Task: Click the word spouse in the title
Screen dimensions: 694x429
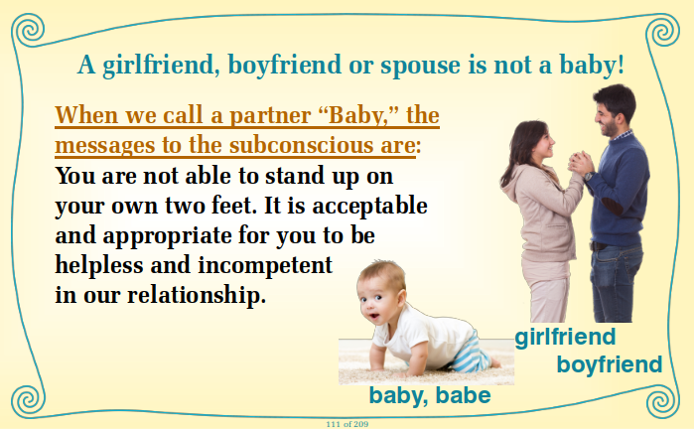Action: [421, 66]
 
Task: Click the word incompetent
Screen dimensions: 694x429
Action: [265, 265]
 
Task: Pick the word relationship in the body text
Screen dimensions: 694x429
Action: [197, 295]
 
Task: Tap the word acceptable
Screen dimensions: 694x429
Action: [369, 206]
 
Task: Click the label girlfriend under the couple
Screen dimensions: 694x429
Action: [565, 338]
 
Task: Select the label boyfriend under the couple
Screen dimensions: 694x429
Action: [609, 364]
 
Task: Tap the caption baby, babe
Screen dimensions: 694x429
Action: [430, 395]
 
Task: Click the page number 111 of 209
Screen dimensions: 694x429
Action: [347, 424]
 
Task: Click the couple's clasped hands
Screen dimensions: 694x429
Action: [580, 163]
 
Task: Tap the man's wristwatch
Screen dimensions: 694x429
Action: [588, 176]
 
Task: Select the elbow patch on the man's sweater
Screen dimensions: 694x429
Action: [611, 206]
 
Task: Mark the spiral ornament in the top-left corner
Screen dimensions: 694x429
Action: [29, 30]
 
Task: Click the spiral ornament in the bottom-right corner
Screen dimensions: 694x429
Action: [662, 401]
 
